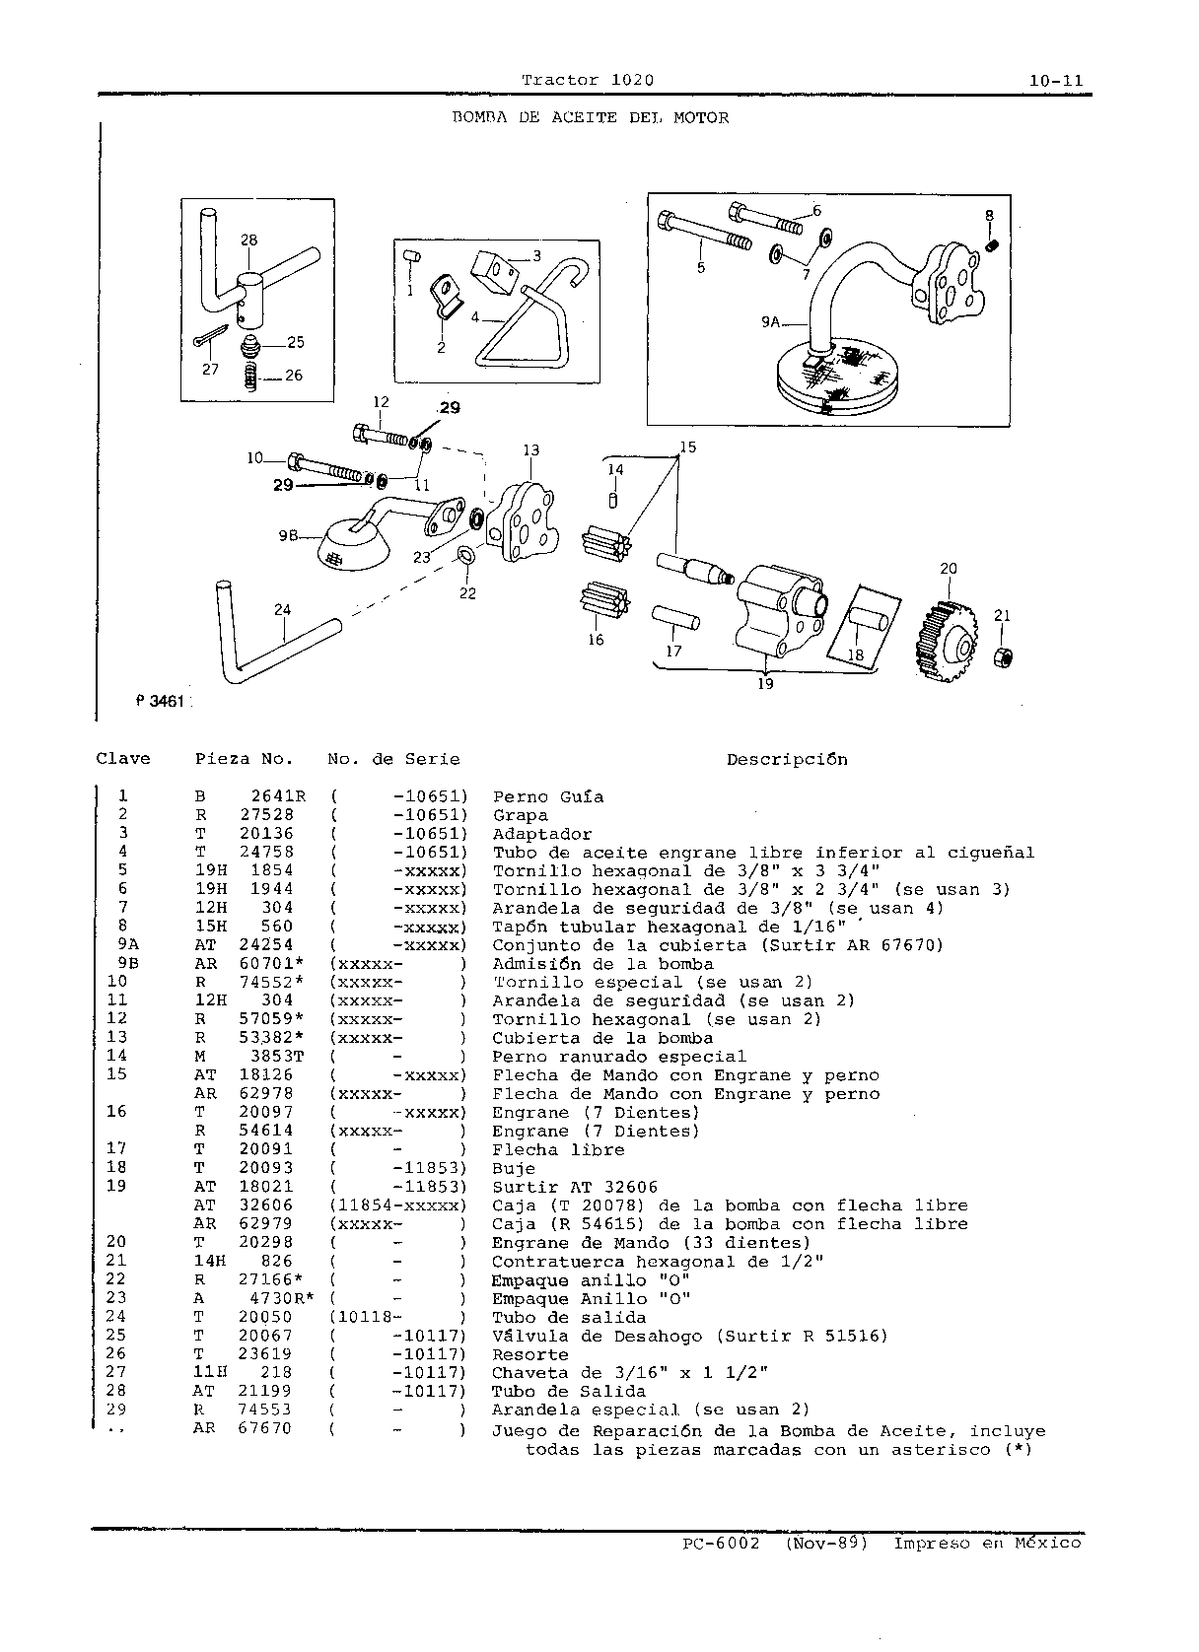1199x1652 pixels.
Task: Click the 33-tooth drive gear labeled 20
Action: click(947, 640)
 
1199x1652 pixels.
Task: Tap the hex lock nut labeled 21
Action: click(1004, 656)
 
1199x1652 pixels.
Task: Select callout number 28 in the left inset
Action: click(248, 240)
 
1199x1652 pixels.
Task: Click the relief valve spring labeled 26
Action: click(250, 377)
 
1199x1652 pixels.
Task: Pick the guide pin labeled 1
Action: click(412, 256)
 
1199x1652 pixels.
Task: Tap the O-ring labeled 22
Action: click(466, 555)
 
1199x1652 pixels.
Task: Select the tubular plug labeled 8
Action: click(992, 245)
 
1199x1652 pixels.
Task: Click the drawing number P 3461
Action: click(160, 702)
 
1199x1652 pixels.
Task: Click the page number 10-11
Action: click(1057, 81)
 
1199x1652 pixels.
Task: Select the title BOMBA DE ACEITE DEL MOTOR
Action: click(591, 117)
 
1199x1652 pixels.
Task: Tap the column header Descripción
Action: click(787, 760)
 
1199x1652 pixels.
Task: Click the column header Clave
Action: click(123, 759)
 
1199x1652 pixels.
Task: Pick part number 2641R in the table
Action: click(278, 796)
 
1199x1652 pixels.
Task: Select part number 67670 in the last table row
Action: click(265, 1428)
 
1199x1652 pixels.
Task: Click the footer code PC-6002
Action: click(721, 1544)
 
